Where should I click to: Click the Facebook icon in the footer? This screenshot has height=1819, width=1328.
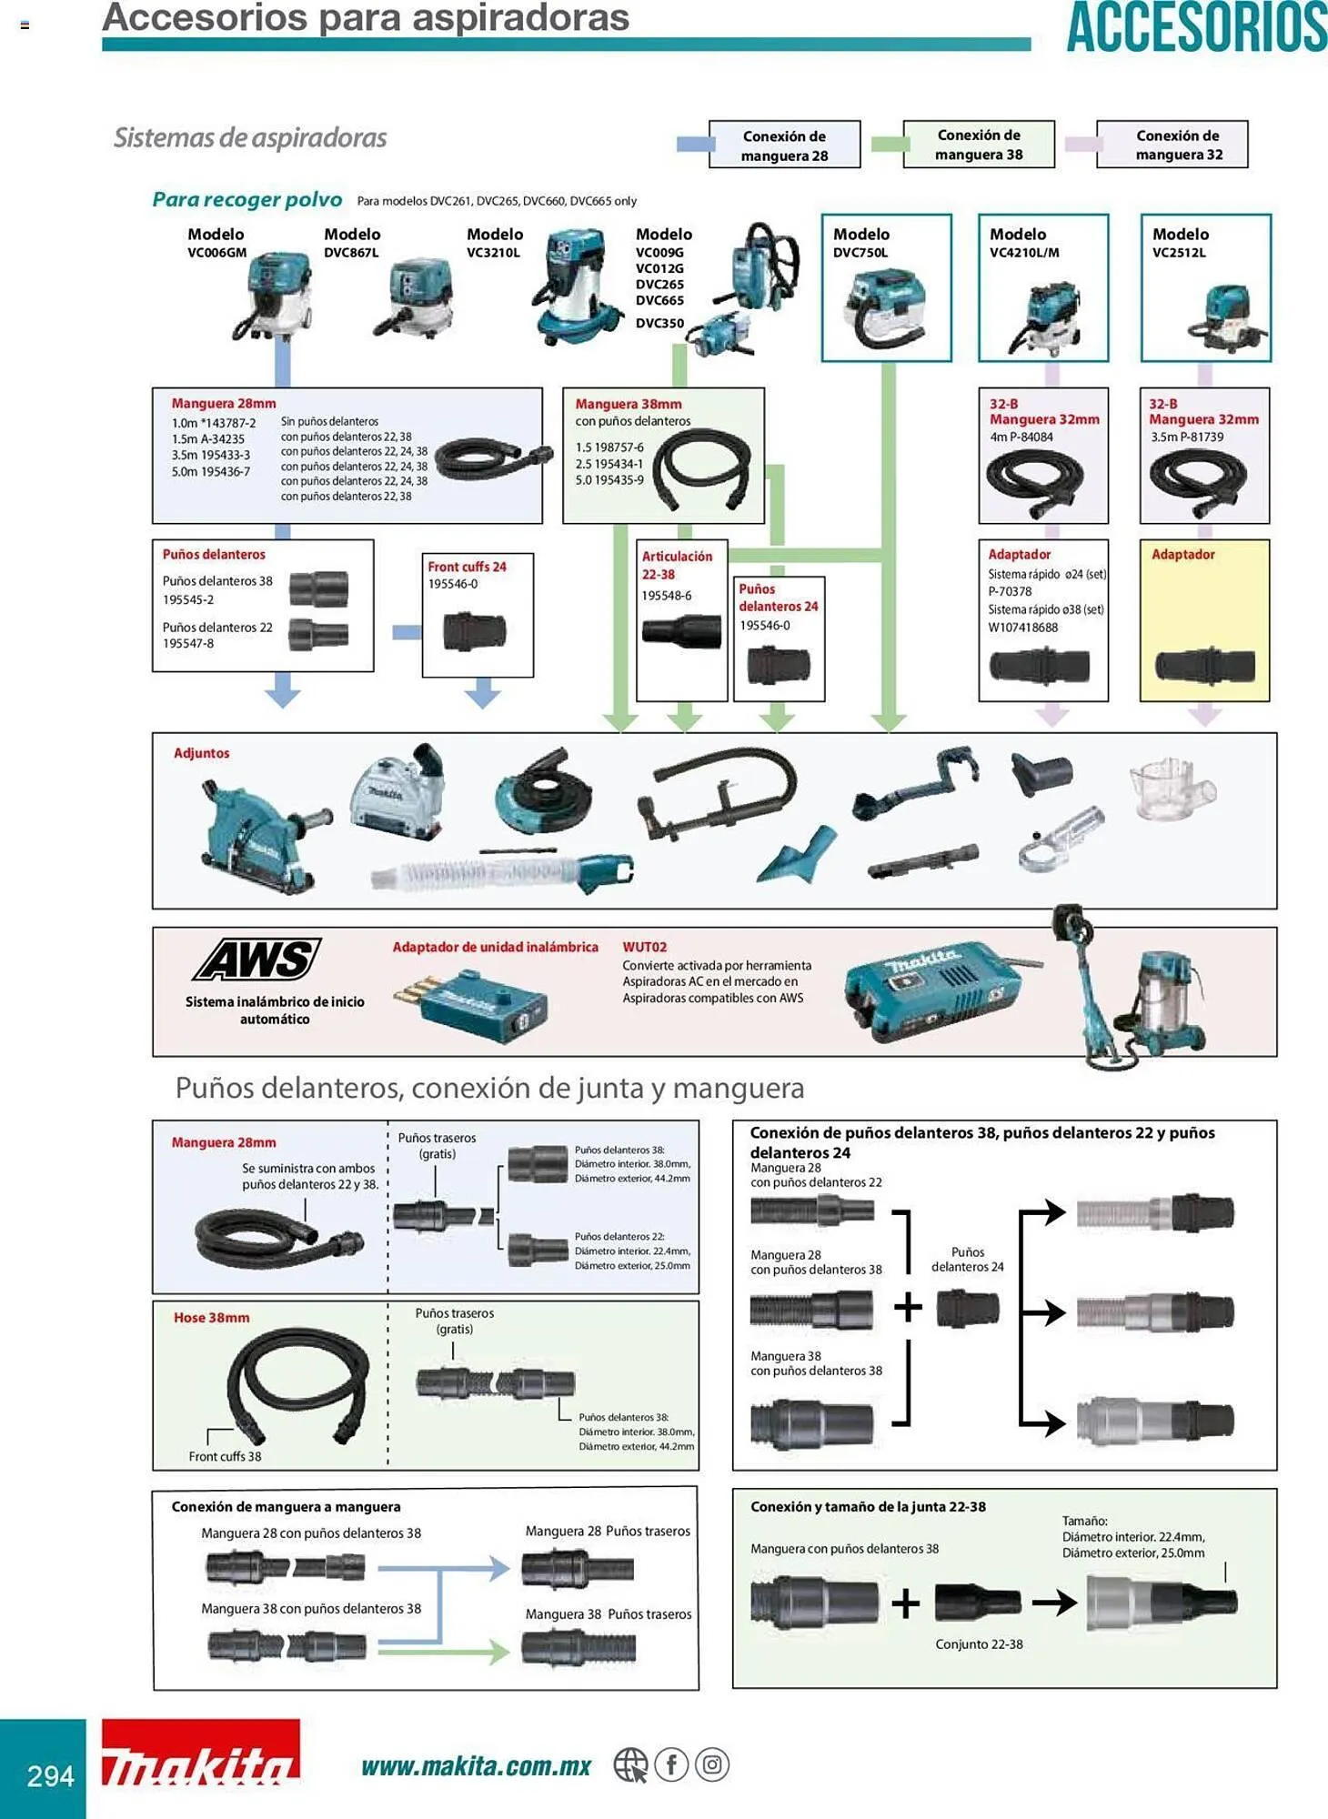pos(671,1765)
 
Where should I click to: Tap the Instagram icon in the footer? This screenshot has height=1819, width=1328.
pos(712,1765)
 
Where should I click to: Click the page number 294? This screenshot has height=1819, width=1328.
pos(50,1775)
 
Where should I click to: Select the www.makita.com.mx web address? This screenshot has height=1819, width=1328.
pos(476,1766)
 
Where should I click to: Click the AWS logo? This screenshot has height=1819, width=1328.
pos(257,960)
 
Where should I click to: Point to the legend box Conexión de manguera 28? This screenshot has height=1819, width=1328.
pos(784,146)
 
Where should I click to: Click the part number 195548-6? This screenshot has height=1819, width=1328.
pos(666,595)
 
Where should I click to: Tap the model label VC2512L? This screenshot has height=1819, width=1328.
pos(1179,253)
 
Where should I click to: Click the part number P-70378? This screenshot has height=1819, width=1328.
pos(1010,591)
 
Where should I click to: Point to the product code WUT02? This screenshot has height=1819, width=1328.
pos(644,947)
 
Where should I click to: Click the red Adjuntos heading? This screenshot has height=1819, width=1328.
pos(202,753)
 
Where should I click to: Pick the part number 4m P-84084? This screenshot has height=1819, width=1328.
pos(1021,437)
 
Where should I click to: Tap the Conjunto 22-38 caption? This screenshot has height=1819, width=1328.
pos(979,1643)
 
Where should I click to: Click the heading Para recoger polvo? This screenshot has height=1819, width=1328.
pos(246,199)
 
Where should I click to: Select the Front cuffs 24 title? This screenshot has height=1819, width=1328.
pos(467,567)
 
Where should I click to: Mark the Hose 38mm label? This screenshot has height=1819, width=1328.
pos(211,1317)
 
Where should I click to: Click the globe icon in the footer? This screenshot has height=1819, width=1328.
pos(629,1765)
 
